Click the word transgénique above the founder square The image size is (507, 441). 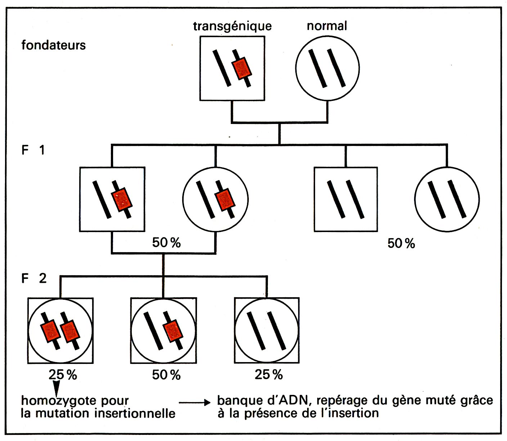pos(232,26)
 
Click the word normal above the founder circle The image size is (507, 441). pos(327,26)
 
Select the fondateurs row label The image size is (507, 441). pos(53,45)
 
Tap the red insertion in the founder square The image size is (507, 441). pos(241,68)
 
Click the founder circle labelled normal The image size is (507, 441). pos(327,68)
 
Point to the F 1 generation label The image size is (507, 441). pos(33,150)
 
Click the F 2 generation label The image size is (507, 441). pos(34,279)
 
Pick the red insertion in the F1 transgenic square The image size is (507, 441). pos(122,199)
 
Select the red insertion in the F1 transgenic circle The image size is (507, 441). pos(225,199)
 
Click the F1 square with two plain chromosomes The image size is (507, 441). pos(346,199)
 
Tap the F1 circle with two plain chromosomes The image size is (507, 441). pos(447,199)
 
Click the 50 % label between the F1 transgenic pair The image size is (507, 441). pos(166,243)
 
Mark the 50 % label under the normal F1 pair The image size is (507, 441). pos(401,244)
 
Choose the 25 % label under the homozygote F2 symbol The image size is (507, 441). pos(63,375)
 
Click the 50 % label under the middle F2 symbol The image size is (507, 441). pos(166,375)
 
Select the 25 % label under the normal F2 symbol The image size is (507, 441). pos(269,375)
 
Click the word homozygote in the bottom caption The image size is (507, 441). pos(59,401)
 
